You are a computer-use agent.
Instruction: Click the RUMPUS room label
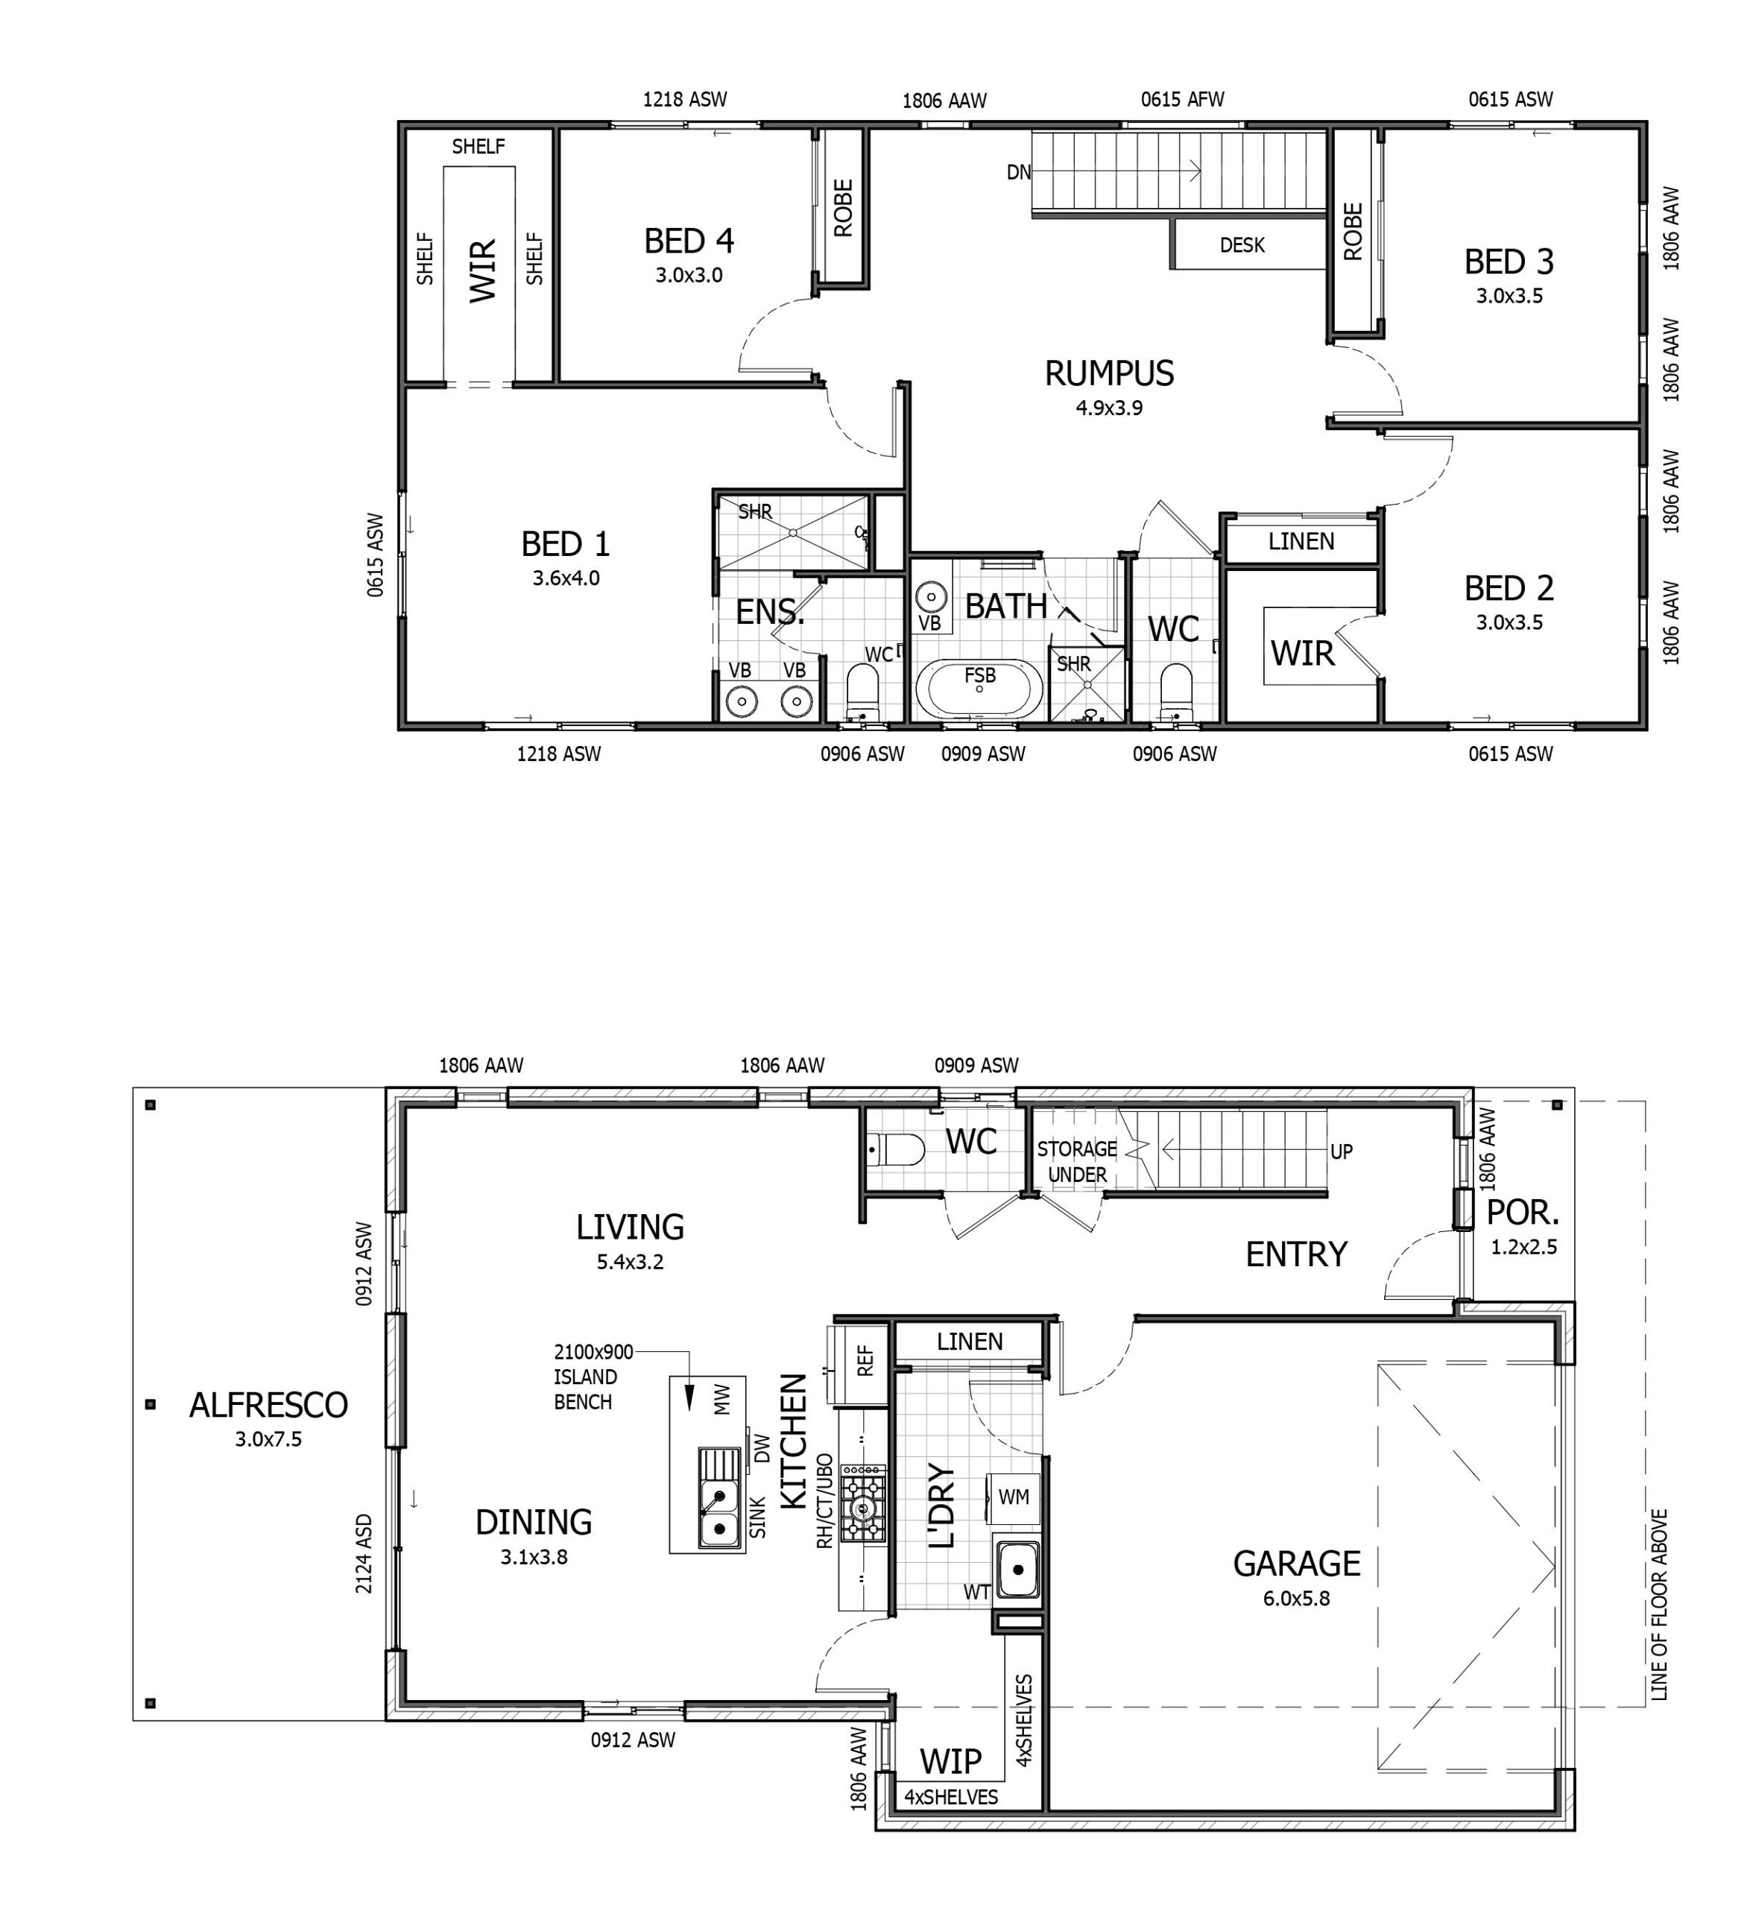(x=1109, y=373)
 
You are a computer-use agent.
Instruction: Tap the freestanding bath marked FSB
(x=979, y=690)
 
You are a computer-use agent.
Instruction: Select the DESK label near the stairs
(x=1242, y=245)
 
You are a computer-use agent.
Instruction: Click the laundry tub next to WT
(x=1017, y=1569)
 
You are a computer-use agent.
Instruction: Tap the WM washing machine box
(x=1014, y=1497)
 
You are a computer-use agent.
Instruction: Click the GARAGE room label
(x=1296, y=1562)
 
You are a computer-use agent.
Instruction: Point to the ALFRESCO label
(x=268, y=1404)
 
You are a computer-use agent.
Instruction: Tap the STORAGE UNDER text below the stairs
(x=1077, y=1162)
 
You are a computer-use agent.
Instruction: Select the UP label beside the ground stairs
(x=1341, y=1152)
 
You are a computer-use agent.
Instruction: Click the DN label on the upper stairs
(x=1018, y=172)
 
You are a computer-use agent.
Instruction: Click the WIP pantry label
(x=951, y=1761)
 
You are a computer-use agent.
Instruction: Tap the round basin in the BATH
(x=932, y=596)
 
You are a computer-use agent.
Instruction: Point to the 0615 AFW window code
(x=1182, y=99)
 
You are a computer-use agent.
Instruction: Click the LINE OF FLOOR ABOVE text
(x=1659, y=1604)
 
